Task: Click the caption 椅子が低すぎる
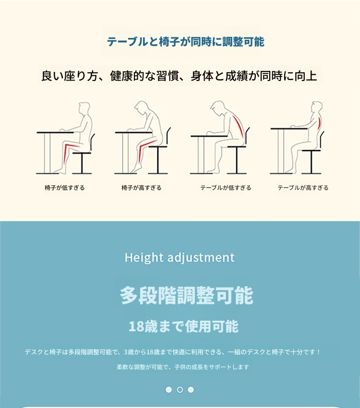click(x=65, y=187)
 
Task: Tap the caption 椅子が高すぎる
click(x=142, y=187)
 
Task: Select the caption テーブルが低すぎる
click(x=226, y=187)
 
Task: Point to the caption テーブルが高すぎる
click(x=303, y=187)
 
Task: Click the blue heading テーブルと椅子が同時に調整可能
click(x=186, y=42)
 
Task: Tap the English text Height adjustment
click(x=180, y=257)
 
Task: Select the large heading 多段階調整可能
click(x=187, y=295)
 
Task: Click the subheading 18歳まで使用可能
click(x=183, y=326)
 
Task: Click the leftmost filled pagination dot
click(x=169, y=389)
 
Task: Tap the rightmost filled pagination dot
click(x=191, y=389)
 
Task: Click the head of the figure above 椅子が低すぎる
click(x=84, y=108)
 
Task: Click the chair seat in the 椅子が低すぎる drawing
click(x=82, y=153)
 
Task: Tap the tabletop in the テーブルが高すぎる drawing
click(x=289, y=128)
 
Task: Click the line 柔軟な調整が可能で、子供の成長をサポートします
click(x=183, y=367)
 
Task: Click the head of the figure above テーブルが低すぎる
click(x=217, y=107)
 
